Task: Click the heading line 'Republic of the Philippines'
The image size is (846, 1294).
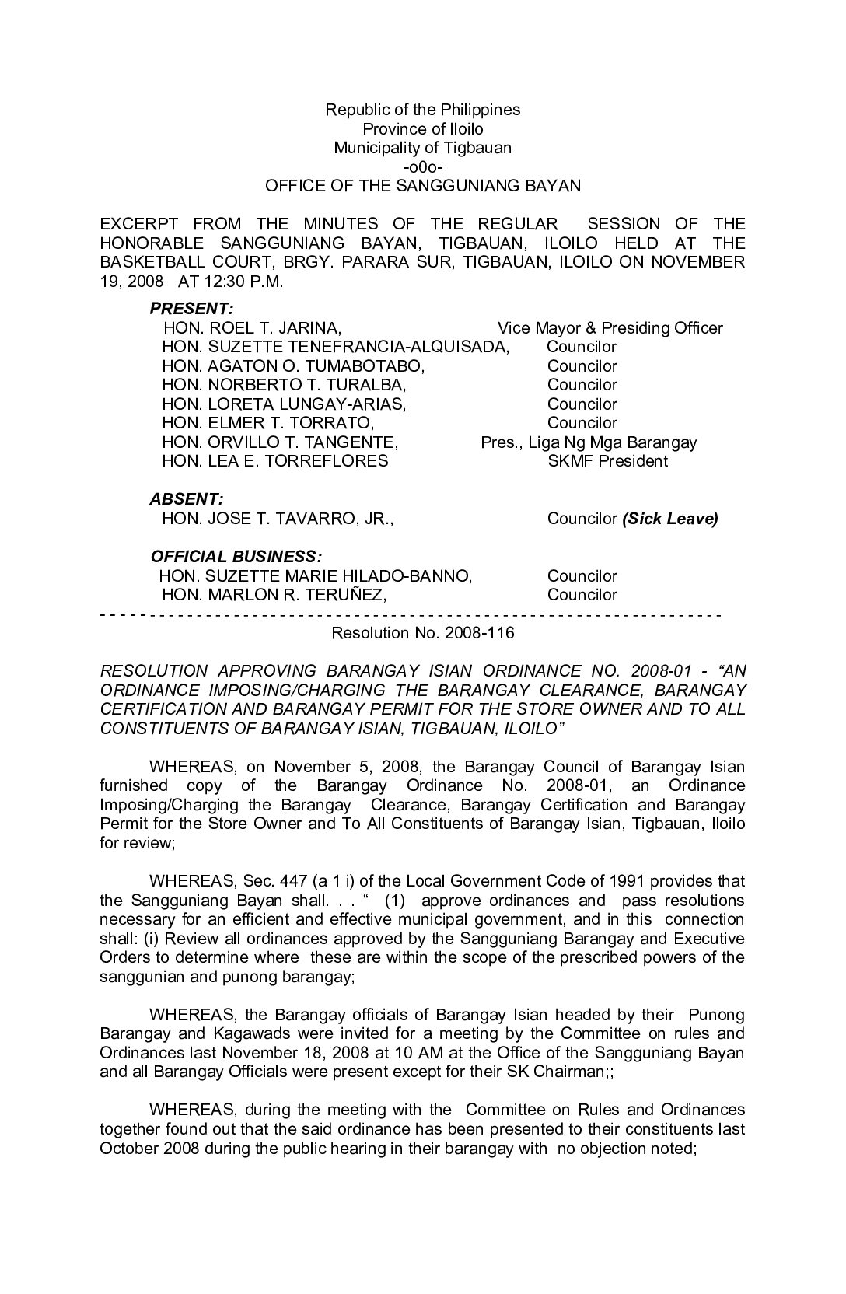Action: pos(422,110)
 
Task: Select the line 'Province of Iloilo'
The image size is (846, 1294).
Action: pos(422,129)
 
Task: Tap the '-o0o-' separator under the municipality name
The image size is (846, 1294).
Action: pos(422,167)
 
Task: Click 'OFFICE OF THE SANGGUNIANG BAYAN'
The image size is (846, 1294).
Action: pos(422,186)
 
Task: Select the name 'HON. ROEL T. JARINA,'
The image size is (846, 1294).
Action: pos(252,328)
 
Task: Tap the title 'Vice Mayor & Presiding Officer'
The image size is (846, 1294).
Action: pos(610,328)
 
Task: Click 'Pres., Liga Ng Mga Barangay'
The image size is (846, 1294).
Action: pos(589,442)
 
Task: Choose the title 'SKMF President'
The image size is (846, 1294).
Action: pos(607,461)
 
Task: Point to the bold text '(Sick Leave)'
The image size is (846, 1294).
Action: pos(669,519)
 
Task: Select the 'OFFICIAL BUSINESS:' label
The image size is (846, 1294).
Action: pos(236,557)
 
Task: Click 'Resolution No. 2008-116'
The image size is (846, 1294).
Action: pos(422,633)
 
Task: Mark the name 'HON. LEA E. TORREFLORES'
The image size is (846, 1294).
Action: pos(274,461)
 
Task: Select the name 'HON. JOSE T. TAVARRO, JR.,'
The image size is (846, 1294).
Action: pos(278,519)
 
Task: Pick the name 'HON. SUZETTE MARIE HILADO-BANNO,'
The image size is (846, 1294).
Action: pos(315,576)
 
